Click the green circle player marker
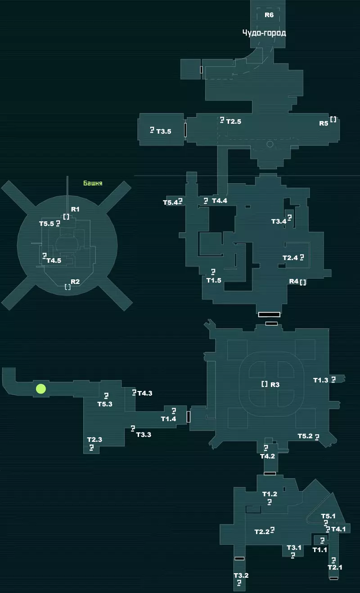pyautogui.click(x=41, y=389)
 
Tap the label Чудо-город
pyautogui.click(x=264, y=33)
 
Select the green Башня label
pyautogui.click(x=93, y=183)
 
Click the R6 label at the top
pyautogui.click(x=269, y=15)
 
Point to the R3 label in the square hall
pyautogui.click(x=275, y=384)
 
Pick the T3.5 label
pyautogui.click(x=164, y=131)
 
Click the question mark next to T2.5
pyautogui.click(x=222, y=120)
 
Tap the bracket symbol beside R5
pyautogui.click(x=333, y=119)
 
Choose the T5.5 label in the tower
pyautogui.click(x=47, y=224)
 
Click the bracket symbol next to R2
pyautogui.click(x=68, y=287)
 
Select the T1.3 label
pyautogui.click(x=321, y=380)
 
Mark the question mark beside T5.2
pyautogui.click(x=317, y=437)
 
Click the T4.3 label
pyautogui.click(x=145, y=393)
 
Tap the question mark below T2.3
pyautogui.click(x=91, y=448)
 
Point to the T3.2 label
pyautogui.click(x=241, y=575)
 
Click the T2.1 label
pyautogui.click(x=335, y=567)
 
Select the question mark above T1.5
pyautogui.click(x=213, y=272)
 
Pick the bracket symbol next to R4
pyautogui.click(x=303, y=282)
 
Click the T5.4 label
pyautogui.click(x=171, y=202)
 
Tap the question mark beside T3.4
pyautogui.click(x=290, y=218)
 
